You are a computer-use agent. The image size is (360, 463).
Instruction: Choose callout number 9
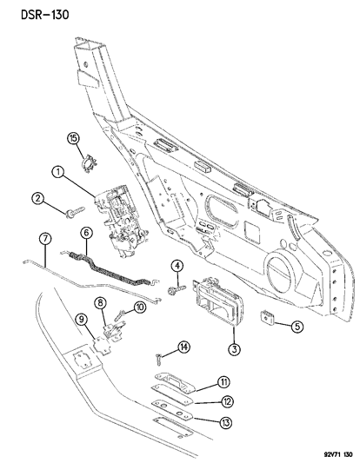[83, 320]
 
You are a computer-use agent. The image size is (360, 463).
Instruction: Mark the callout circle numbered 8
[100, 302]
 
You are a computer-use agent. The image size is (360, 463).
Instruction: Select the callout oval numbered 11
[198, 381]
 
